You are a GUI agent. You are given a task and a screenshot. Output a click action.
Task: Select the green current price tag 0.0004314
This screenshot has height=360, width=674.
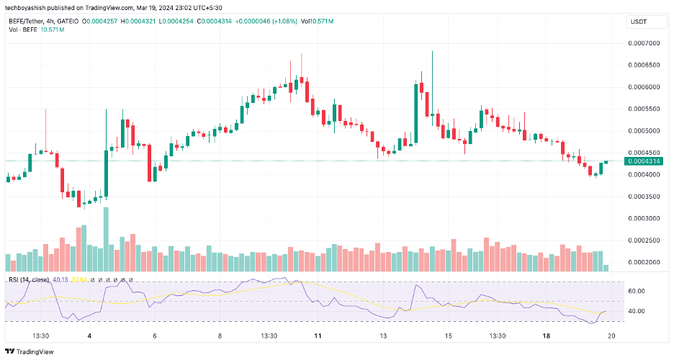(x=644, y=161)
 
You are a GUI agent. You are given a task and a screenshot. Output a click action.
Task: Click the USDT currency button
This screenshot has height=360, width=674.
(x=639, y=22)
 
